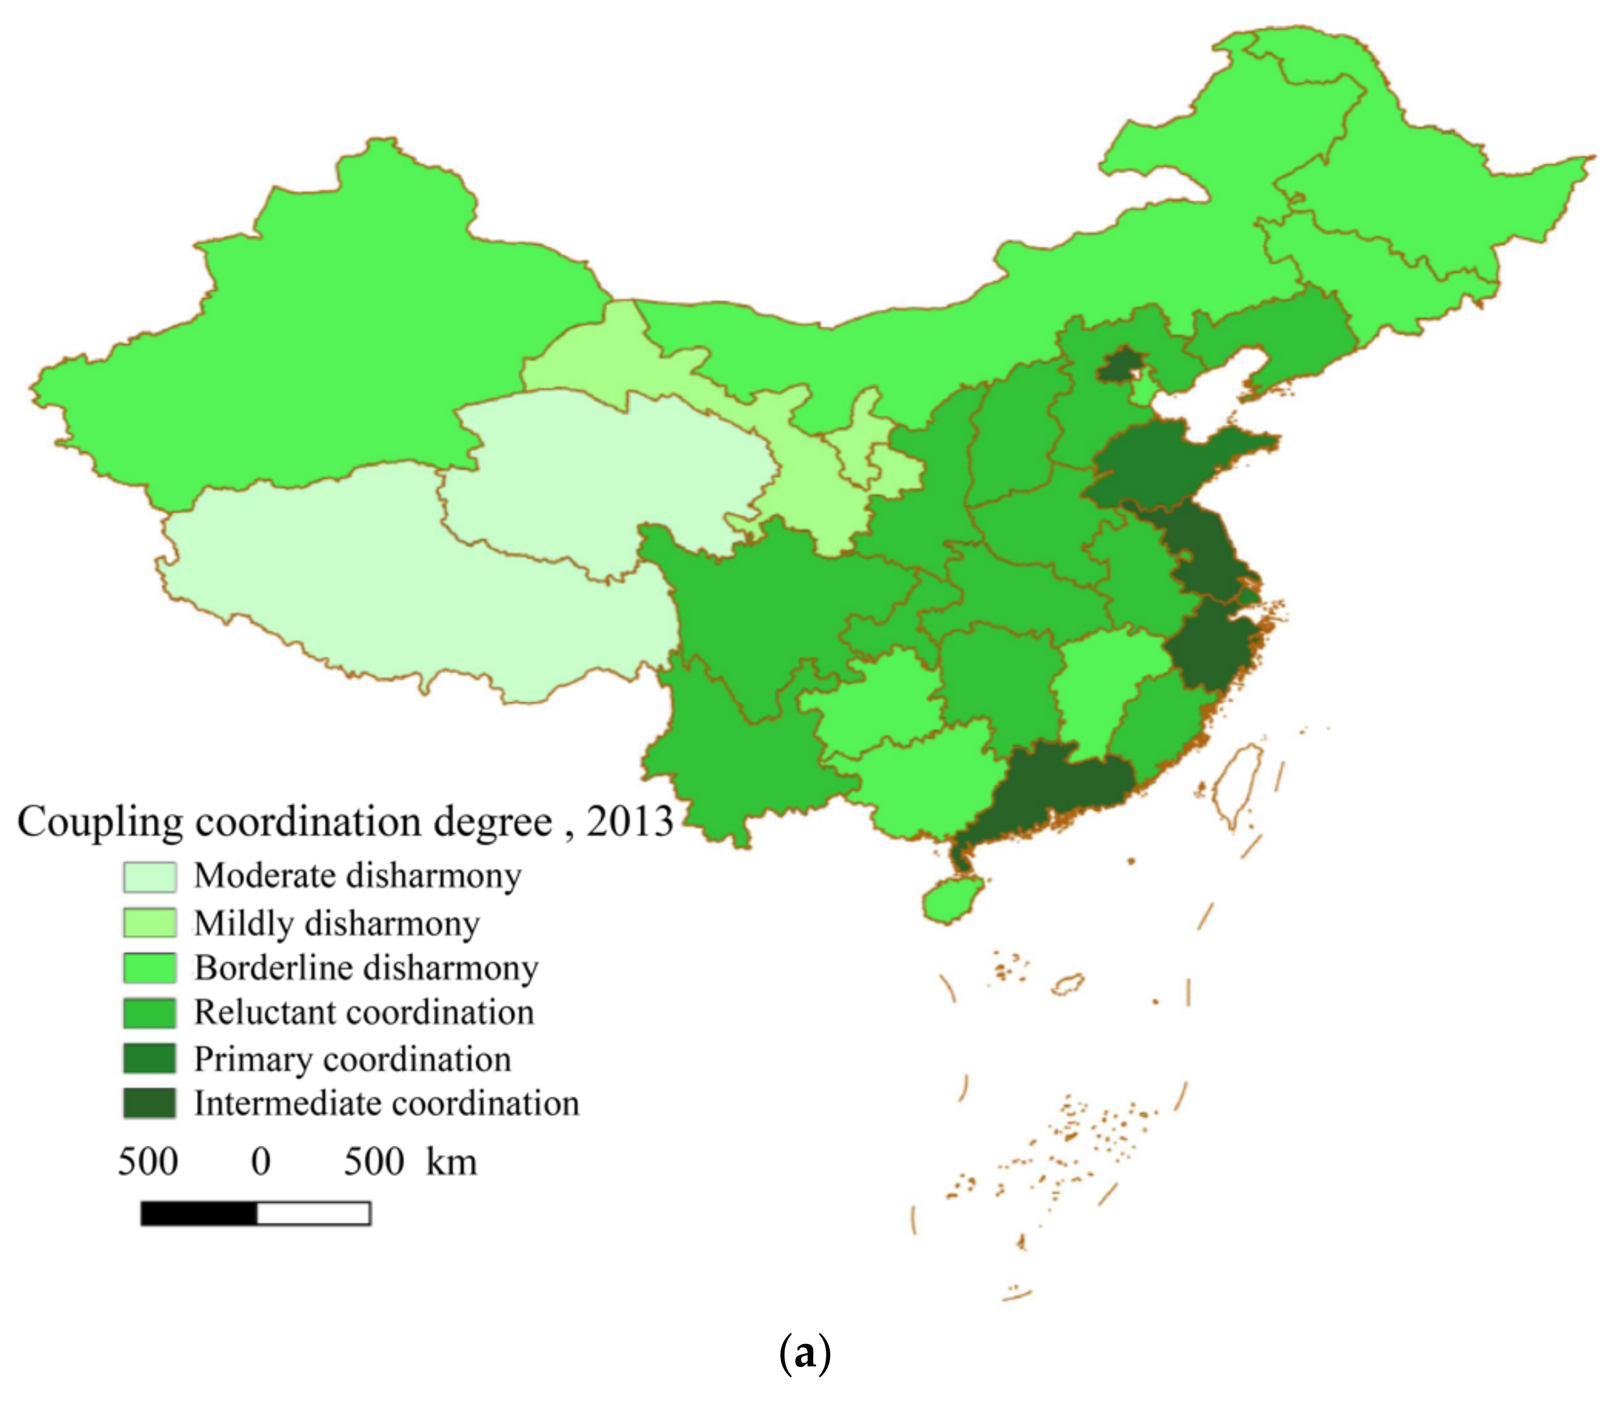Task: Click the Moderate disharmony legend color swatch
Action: click(x=149, y=877)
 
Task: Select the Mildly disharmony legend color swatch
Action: click(x=149, y=923)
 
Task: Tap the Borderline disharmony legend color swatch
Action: click(x=149, y=968)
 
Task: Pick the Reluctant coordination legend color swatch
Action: click(x=149, y=1012)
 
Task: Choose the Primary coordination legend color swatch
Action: click(x=149, y=1058)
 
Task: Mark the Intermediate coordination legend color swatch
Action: click(x=149, y=1103)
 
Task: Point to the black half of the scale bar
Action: click(x=199, y=1213)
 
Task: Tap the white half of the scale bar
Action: click(x=313, y=1213)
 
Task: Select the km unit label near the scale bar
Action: click(x=452, y=1162)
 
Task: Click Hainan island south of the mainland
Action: click(x=951, y=899)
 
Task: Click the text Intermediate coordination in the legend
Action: click(x=386, y=1103)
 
